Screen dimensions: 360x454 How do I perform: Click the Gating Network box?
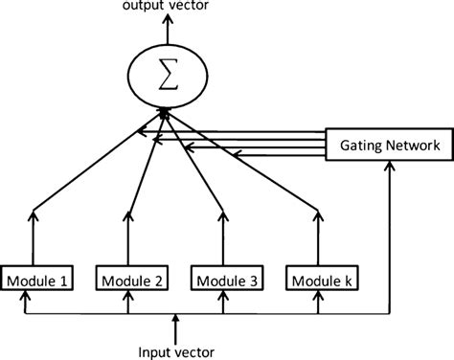pyautogui.click(x=388, y=146)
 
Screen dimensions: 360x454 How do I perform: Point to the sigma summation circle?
pyautogui.click(x=167, y=79)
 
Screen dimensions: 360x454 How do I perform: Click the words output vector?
pyautogui.click(x=166, y=9)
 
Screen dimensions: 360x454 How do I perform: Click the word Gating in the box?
pyautogui.click(x=363, y=146)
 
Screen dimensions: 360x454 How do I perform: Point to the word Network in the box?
pyautogui.click(x=411, y=146)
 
